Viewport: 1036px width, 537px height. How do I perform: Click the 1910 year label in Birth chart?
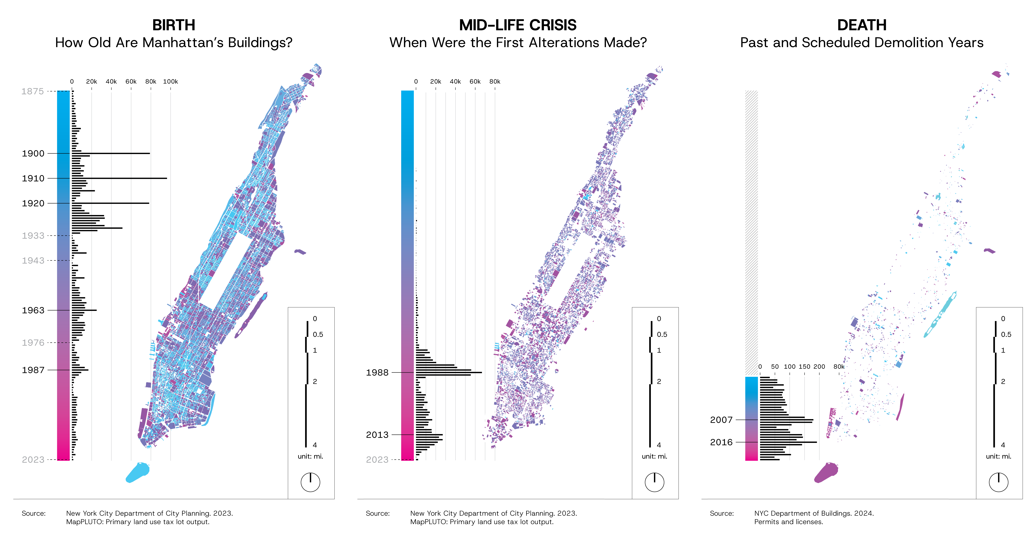click(33, 178)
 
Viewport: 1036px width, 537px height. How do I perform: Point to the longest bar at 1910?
click(119, 178)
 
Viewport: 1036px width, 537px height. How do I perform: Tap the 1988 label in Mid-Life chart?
click(377, 373)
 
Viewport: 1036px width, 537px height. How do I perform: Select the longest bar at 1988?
click(449, 373)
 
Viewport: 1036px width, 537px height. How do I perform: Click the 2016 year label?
click(722, 442)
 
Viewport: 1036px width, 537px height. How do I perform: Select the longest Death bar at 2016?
click(788, 442)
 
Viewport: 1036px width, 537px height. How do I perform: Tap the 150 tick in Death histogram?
click(804, 367)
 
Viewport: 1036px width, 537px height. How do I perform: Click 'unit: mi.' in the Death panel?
click(999, 456)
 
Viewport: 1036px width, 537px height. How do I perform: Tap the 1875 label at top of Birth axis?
click(33, 91)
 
